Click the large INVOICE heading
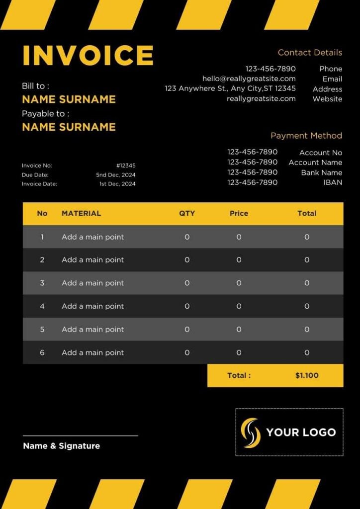tap(88, 55)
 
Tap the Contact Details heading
tap(310, 53)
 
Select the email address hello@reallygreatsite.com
tap(249, 79)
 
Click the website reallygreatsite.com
tap(261, 98)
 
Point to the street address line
tap(230, 88)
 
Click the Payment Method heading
tap(306, 136)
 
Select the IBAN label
tap(333, 182)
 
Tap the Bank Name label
tap(321, 172)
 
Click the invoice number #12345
tap(126, 166)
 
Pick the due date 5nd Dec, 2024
tap(116, 175)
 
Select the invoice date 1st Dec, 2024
tap(117, 184)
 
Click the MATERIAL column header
tap(81, 213)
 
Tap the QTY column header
tap(187, 213)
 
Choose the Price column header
tap(239, 213)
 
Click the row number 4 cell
tap(42, 306)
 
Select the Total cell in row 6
tap(307, 352)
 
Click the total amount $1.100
tap(307, 376)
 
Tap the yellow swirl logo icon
tap(251, 432)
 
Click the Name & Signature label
tap(61, 446)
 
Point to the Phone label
tap(331, 69)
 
